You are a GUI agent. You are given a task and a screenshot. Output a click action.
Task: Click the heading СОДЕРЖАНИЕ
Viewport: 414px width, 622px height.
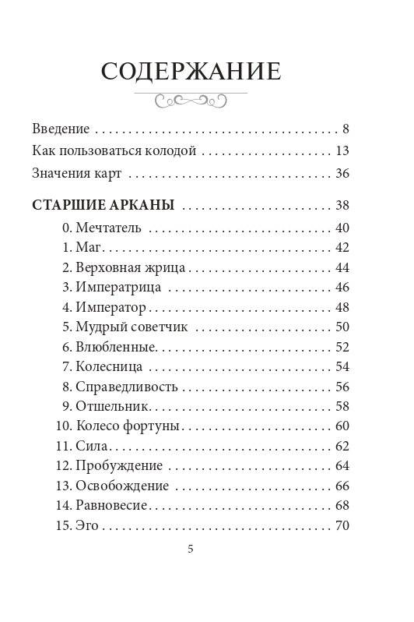[191, 72]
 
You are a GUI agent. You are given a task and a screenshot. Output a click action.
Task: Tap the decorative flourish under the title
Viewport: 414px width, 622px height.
[191, 101]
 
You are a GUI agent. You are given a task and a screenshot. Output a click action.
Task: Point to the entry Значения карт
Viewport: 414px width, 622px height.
[77, 174]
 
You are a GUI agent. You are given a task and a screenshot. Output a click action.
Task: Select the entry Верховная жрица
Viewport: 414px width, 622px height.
[130, 267]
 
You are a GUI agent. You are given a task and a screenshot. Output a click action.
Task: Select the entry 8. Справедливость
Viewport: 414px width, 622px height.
[120, 387]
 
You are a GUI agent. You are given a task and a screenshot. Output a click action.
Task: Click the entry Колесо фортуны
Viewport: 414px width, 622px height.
[128, 426]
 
